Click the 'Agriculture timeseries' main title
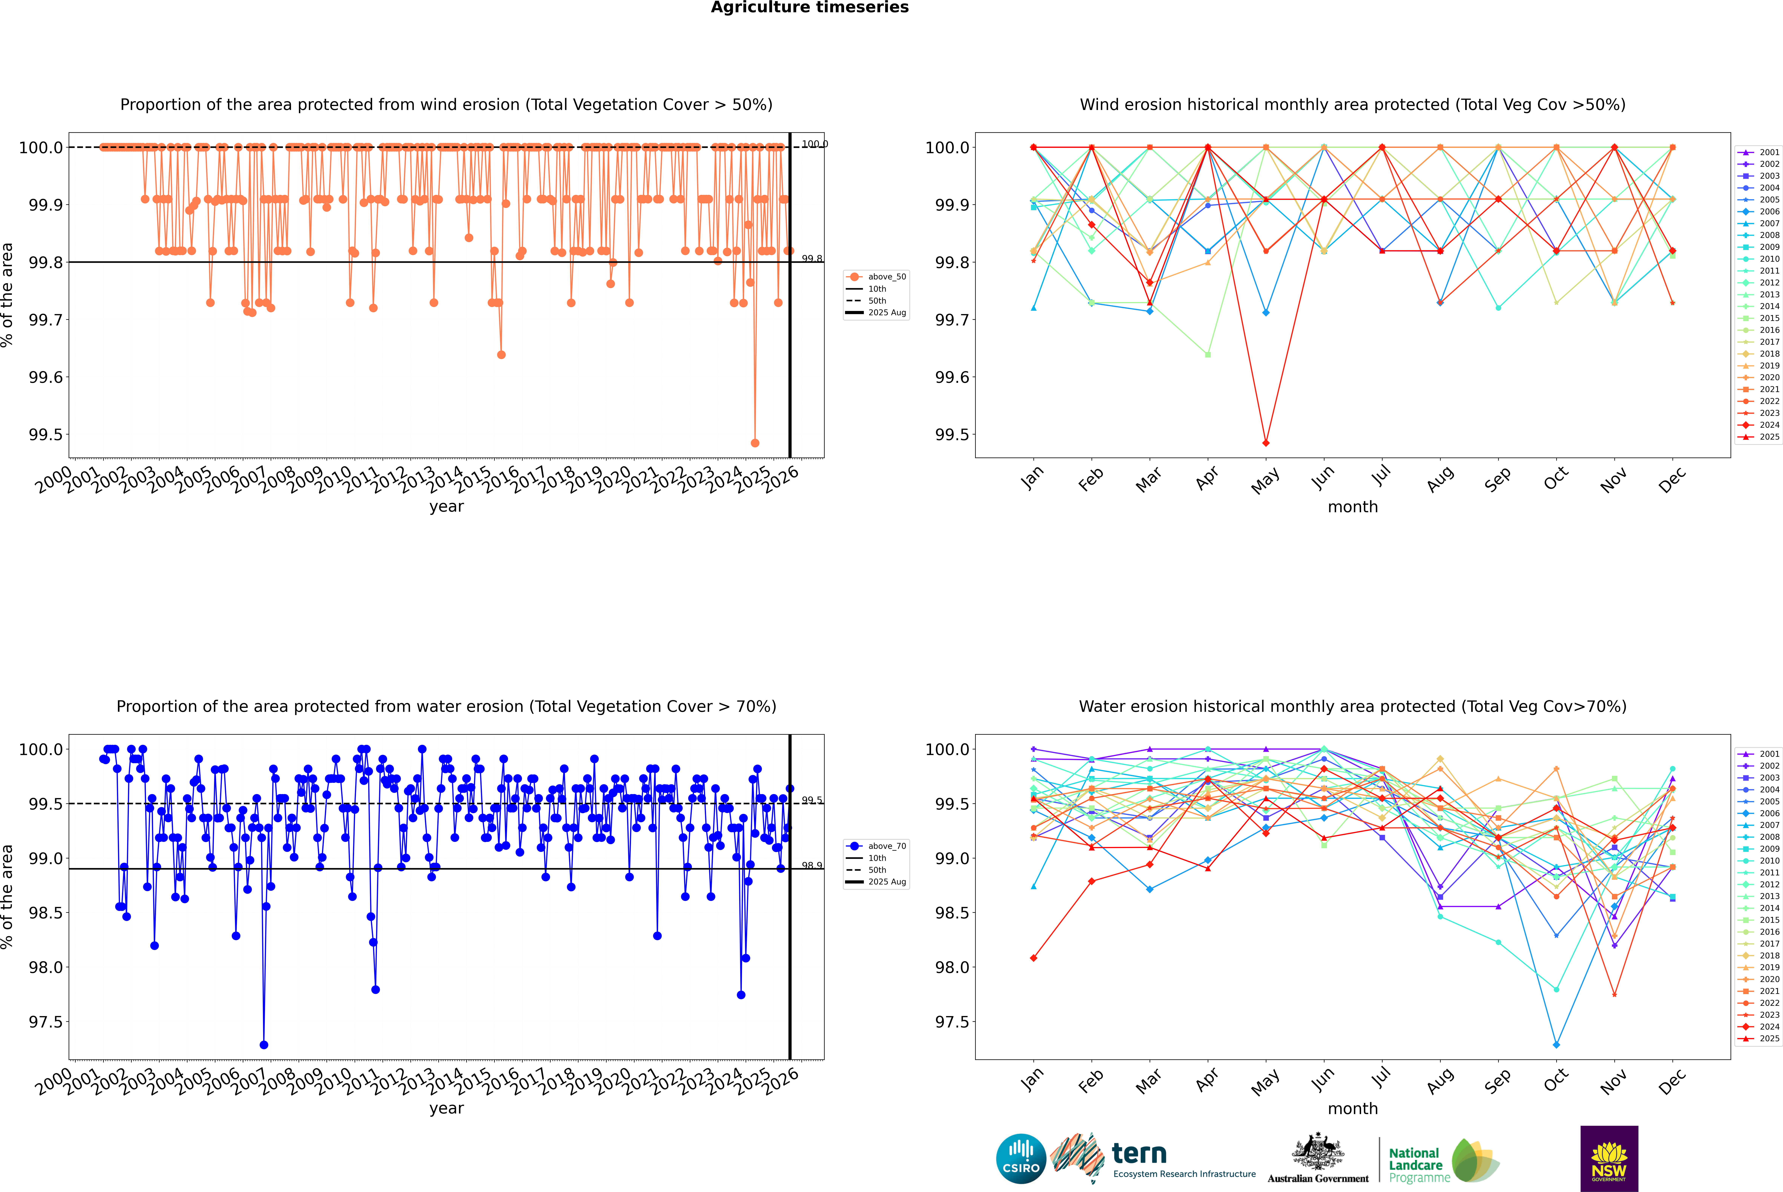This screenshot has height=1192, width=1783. (x=809, y=8)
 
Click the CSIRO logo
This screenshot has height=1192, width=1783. (x=1021, y=1159)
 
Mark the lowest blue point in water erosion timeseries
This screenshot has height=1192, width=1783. (x=264, y=1044)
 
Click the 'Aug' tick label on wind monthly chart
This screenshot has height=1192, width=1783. (x=1440, y=479)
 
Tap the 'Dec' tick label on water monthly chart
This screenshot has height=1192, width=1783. (x=1672, y=1081)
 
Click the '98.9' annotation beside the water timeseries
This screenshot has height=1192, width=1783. (x=812, y=865)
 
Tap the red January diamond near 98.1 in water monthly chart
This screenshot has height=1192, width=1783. (x=1034, y=958)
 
